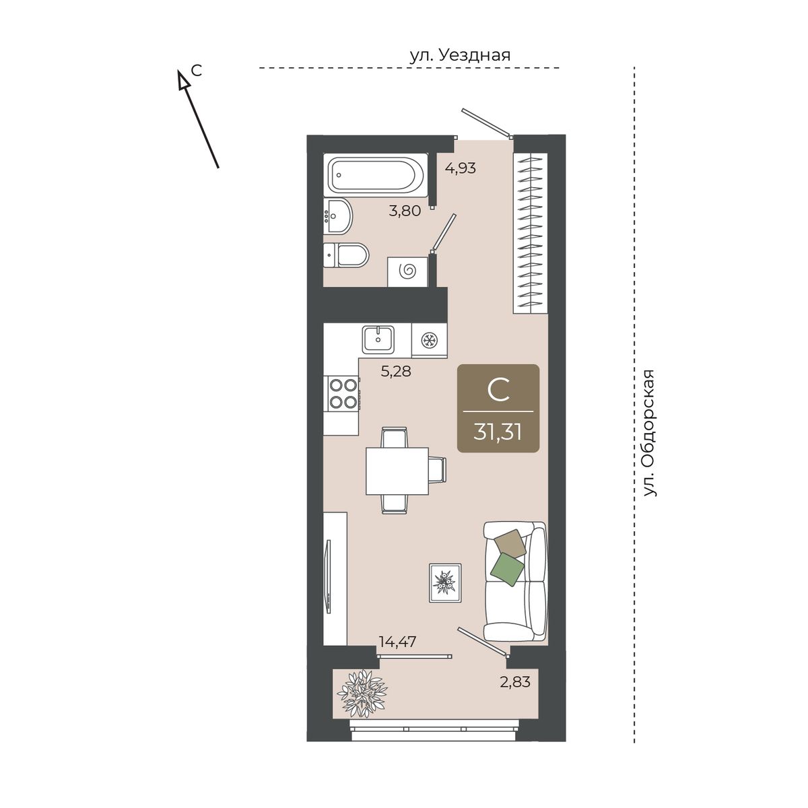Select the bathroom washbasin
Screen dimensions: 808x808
pos(338,216)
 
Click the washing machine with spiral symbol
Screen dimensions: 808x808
pos(407,272)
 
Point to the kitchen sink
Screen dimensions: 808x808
pos(378,339)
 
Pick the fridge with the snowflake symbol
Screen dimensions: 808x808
pos(429,340)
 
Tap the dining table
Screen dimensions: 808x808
pos(397,471)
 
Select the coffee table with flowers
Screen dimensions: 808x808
pos(445,583)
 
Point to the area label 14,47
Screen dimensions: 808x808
pos(397,642)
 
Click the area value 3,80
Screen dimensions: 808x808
pos(405,211)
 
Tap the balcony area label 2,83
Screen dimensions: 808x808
pos(515,682)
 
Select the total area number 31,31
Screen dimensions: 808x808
pos(498,432)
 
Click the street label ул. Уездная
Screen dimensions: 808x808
pos(460,55)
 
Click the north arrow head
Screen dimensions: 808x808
pos(182,79)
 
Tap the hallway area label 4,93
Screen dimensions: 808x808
pos(461,168)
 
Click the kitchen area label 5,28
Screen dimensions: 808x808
pos(396,371)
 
